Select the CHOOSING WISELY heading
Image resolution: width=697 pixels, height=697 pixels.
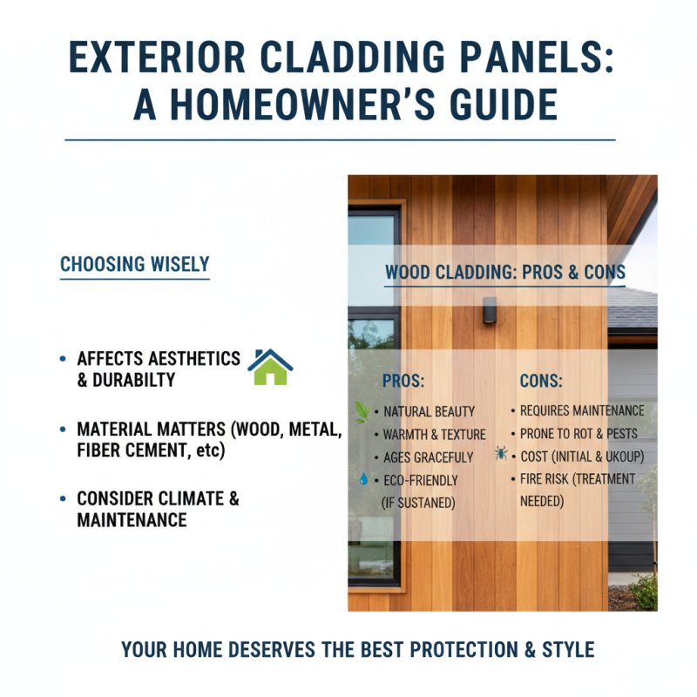tap(134, 263)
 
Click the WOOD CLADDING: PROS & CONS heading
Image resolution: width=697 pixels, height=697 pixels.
tap(504, 273)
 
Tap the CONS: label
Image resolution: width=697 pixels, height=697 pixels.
tap(541, 381)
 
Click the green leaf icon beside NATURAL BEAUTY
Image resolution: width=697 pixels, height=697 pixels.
tap(362, 410)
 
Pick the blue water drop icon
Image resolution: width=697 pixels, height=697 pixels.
tap(362, 479)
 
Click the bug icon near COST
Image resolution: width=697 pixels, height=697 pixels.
tap(501, 454)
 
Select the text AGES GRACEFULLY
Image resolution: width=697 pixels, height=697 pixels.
tap(428, 457)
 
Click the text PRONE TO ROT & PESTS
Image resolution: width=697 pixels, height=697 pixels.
tap(578, 433)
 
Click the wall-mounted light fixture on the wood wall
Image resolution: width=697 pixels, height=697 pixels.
tap(490, 309)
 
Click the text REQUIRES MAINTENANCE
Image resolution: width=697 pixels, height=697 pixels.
tap(582, 410)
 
